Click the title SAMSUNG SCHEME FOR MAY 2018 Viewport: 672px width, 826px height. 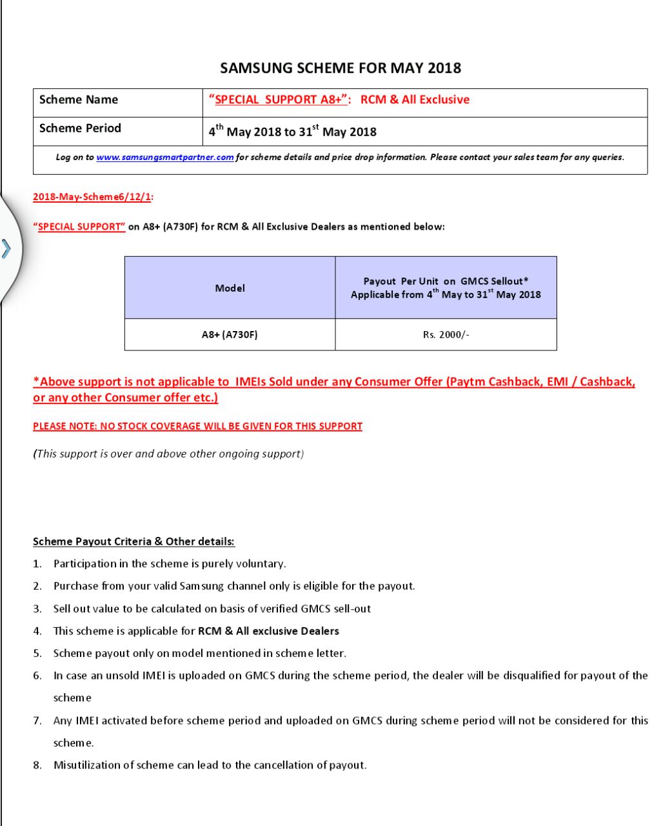341,68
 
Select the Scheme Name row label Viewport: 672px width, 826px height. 79,99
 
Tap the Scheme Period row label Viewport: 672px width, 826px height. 80,128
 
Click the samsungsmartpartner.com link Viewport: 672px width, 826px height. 165,157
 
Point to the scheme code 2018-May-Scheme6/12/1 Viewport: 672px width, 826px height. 92,197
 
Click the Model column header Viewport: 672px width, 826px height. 230,288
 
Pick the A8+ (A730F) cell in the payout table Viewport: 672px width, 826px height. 230,334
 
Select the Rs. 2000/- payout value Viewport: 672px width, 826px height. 446,334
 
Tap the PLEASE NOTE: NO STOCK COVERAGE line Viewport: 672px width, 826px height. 197,426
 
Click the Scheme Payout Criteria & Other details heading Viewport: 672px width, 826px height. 133,541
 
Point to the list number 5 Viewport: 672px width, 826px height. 37,653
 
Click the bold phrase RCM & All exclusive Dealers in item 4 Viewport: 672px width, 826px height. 268,630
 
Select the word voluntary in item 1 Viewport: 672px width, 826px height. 261,563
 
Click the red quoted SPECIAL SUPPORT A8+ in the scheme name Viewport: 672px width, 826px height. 279,99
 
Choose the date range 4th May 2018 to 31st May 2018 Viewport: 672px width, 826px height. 292,132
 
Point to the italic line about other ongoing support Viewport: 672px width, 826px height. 168,454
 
